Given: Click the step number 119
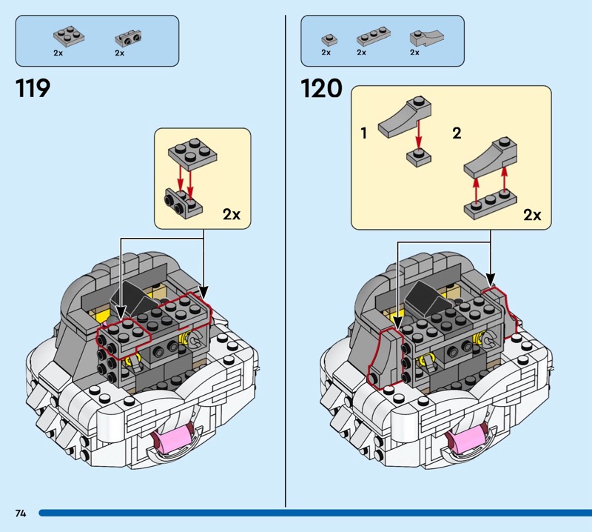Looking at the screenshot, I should point(33,89).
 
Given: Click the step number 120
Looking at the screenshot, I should point(321,89).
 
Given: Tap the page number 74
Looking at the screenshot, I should point(20,513).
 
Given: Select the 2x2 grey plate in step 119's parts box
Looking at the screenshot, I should point(67,36).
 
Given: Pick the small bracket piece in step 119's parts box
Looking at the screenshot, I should point(128,37).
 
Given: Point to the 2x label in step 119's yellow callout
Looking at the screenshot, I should point(232,214).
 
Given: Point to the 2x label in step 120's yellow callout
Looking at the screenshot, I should point(532,215).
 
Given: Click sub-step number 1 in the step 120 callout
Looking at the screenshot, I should point(364,133).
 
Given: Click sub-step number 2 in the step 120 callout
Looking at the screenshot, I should point(457,133).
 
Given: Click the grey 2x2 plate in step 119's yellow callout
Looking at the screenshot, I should point(192,153).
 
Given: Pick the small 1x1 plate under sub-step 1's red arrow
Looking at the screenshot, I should point(418,156).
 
